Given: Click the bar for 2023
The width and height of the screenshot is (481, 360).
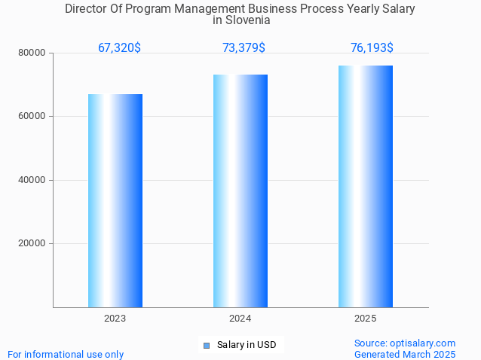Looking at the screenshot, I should point(115,200).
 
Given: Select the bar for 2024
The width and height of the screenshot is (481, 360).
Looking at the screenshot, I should point(240,191).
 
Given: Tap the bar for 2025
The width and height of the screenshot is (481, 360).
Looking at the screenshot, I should point(366,186).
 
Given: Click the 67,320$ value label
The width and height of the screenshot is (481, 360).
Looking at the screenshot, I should point(119,48).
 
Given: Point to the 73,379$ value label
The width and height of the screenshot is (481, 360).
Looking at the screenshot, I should point(244,48).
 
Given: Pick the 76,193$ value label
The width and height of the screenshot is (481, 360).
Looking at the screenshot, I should point(372,48).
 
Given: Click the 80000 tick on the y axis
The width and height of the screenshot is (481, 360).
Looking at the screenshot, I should point(32,53).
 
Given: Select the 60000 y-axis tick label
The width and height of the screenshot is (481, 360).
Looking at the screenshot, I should point(32,117).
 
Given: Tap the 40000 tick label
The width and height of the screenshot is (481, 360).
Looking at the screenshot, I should point(32,180).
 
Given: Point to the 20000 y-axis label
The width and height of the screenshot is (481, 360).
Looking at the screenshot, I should point(32,244).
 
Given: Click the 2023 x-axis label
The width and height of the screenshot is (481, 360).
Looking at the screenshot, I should point(115,319).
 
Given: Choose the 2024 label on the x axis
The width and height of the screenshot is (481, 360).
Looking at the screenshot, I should point(240,319).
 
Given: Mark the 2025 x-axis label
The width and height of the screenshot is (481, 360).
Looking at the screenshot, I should point(366,319).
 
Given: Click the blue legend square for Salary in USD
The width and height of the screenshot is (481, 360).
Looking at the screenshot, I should point(206,346).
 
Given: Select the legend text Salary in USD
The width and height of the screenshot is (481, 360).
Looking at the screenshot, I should point(247,346).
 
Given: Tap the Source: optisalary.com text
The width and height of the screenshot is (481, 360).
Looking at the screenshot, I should point(405,343).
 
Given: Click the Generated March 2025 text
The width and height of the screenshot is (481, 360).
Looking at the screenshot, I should point(405,354).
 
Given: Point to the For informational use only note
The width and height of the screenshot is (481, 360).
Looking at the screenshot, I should point(66,354).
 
